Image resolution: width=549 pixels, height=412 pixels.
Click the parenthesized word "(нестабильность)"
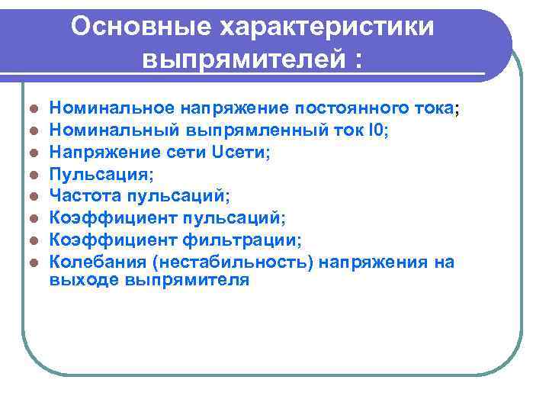pyautogui.click(x=229, y=262)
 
